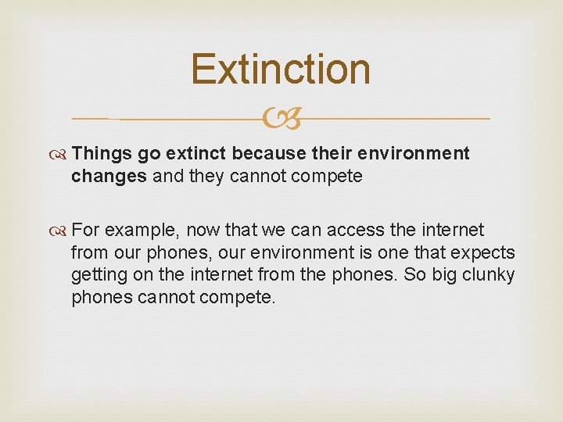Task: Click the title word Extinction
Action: coord(281,69)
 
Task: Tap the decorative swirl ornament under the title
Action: coord(281,119)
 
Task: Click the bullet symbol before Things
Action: coord(61,154)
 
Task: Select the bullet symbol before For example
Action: coord(61,231)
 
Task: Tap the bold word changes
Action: coord(109,176)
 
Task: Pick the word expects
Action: coord(485,252)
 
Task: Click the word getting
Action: coord(99,276)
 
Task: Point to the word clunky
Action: coord(489,275)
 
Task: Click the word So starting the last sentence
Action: coord(408,275)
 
